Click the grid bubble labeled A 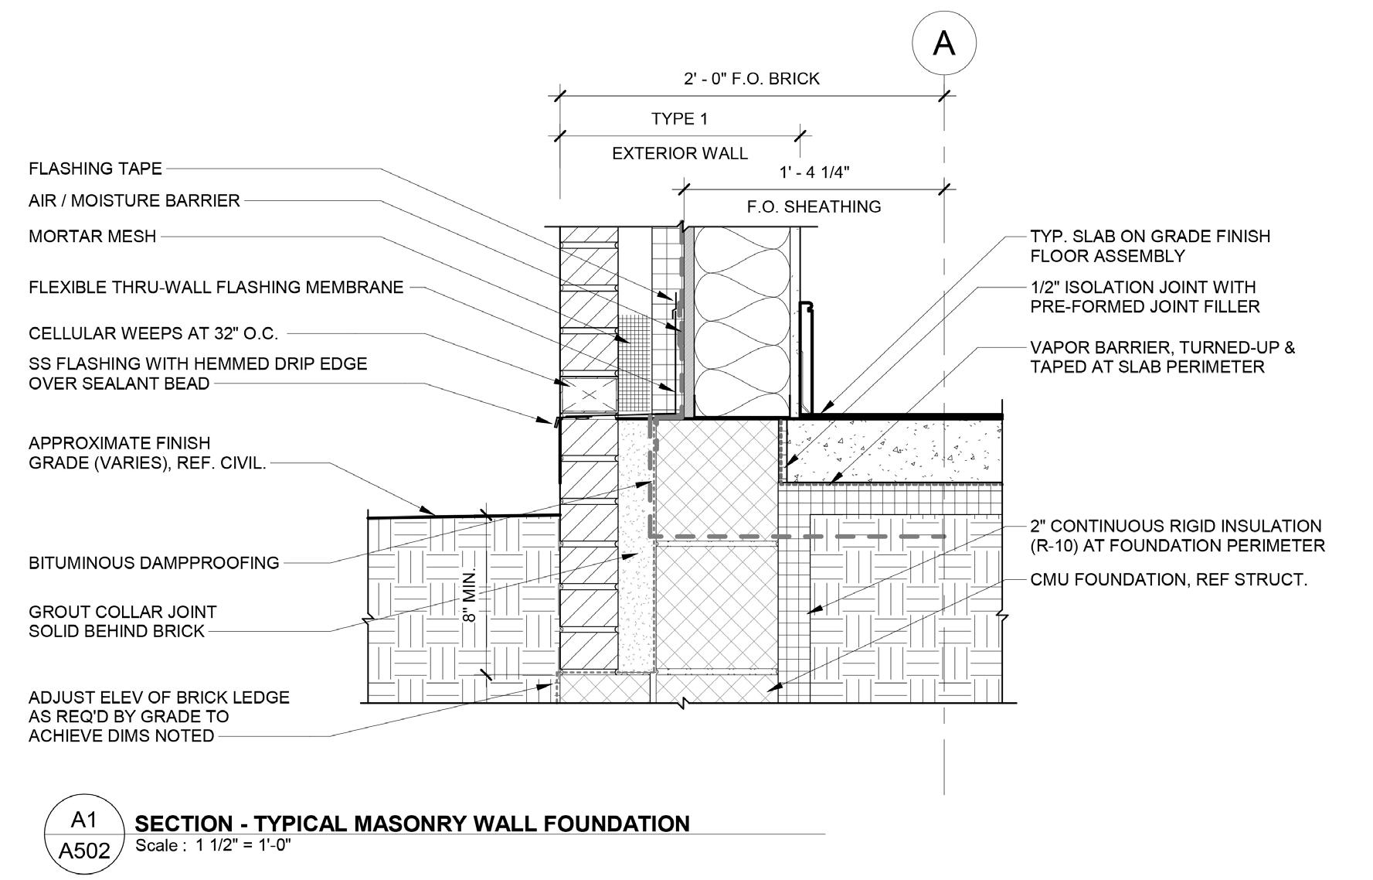tap(943, 43)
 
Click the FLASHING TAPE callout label tap(95, 169)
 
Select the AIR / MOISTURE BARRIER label tap(134, 201)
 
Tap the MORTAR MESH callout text tap(92, 236)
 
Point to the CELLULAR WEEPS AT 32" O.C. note tap(153, 334)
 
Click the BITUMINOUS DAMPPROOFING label tap(154, 563)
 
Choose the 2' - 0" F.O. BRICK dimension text tap(751, 79)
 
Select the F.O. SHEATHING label tap(814, 207)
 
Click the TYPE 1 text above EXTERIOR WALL tap(678, 119)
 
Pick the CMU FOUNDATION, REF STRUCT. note tap(1168, 580)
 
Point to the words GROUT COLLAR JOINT tap(122, 612)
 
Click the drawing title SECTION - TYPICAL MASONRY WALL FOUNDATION tap(412, 824)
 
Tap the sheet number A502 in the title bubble tap(84, 852)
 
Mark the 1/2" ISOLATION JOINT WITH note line tap(1143, 287)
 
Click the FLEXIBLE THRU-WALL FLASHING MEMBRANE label tap(216, 288)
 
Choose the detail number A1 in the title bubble tap(84, 820)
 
